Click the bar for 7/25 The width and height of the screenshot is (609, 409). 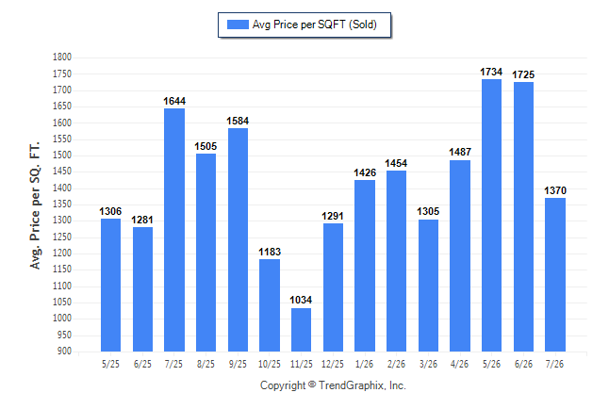click(174, 230)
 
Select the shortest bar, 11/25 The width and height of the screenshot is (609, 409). click(301, 330)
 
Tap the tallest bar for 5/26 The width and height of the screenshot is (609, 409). click(491, 215)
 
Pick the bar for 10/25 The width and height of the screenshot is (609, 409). click(270, 305)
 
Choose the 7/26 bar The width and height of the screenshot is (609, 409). click(555, 274)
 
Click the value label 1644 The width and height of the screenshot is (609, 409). click(174, 101)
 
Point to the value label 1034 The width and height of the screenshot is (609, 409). click(301, 300)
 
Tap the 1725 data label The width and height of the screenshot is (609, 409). click(523, 74)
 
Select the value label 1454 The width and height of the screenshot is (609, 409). click(396, 163)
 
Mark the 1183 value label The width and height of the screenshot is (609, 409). click(270, 252)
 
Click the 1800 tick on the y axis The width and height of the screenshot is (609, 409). click(62, 57)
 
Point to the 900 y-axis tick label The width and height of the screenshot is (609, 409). click(64, 351)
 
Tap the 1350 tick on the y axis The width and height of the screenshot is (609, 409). click(62, 204)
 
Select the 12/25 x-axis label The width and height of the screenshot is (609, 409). click(333, 364)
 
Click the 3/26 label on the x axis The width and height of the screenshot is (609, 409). click(428, 364)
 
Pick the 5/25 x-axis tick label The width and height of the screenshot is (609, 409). click(110, 364)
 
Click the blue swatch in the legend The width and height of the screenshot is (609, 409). click(238, 25)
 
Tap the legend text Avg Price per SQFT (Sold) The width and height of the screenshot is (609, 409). click(315, 25)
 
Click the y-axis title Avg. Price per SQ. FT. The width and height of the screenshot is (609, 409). click(35, 205)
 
